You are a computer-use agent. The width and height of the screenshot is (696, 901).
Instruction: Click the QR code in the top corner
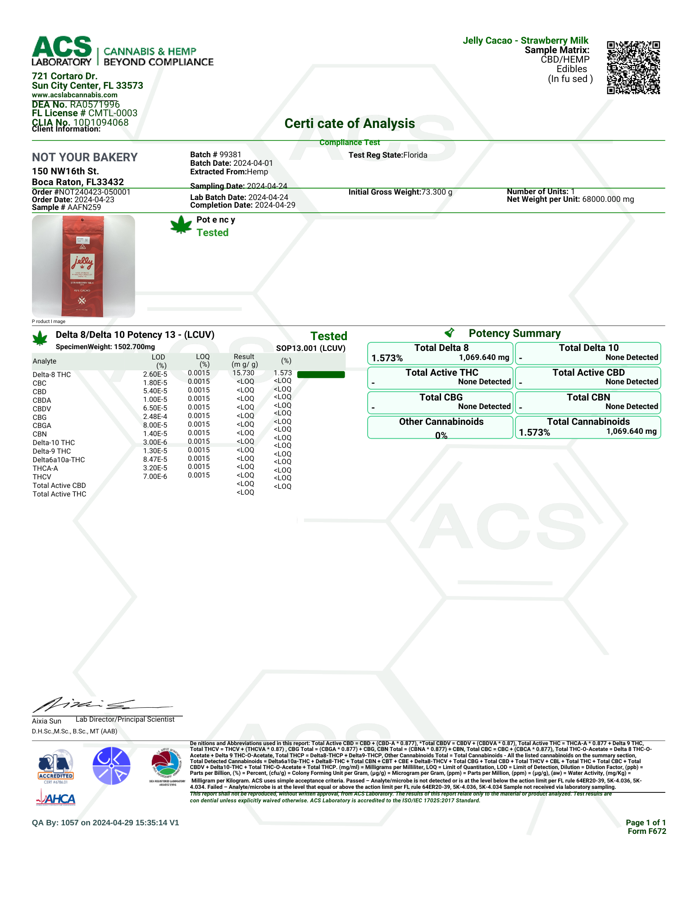(633, 68)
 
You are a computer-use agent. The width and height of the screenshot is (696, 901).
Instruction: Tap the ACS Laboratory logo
(62, 51)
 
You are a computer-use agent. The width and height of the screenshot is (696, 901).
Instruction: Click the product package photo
(83, 266)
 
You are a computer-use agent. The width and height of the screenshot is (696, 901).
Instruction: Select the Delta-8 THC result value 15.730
(243, 373)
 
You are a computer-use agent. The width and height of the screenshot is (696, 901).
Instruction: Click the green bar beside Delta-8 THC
(321, 374)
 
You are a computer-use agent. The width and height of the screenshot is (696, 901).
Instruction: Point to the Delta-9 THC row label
(52, 451)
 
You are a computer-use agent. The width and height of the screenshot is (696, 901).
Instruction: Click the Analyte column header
(45, 361)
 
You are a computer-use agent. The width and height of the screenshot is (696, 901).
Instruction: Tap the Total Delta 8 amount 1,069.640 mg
(484, 358)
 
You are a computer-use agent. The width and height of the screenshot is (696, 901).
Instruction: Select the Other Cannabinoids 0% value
(441, 435)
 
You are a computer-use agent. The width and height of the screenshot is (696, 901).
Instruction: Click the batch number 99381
(230, 155)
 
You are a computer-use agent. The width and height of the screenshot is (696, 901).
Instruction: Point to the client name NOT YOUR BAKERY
(85, 157)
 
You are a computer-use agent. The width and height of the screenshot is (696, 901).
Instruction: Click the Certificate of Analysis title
(350, 123)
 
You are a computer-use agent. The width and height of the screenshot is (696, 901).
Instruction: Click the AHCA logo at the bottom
(56, 799)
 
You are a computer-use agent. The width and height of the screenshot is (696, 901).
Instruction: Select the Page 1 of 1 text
(645, 823)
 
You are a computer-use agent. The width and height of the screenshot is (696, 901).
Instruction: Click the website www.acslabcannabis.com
(75, 95)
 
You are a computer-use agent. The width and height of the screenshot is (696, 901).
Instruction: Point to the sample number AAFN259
(84, 207)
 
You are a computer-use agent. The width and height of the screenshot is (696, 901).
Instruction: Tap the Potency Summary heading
(514, 333)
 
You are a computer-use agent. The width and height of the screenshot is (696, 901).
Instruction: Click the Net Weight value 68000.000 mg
(608, 199)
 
